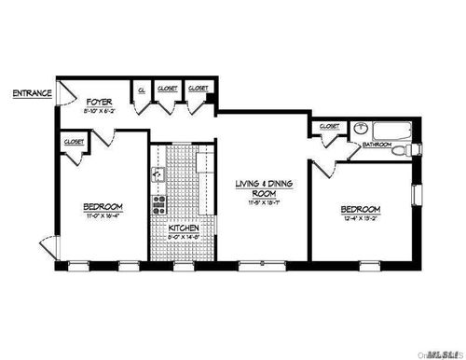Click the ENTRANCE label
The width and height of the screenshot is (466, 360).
pos(30,93)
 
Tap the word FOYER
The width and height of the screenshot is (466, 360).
pos(100,101)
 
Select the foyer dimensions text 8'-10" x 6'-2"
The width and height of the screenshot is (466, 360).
pos(100,111)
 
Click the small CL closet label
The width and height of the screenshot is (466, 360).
pos(142,90)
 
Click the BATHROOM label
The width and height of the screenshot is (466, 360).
pos(376,145)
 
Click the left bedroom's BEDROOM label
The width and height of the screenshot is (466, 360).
pos(103,206)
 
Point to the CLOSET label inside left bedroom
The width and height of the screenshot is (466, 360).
pos(75,141)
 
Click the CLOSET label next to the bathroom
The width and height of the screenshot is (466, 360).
pos(329,127)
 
